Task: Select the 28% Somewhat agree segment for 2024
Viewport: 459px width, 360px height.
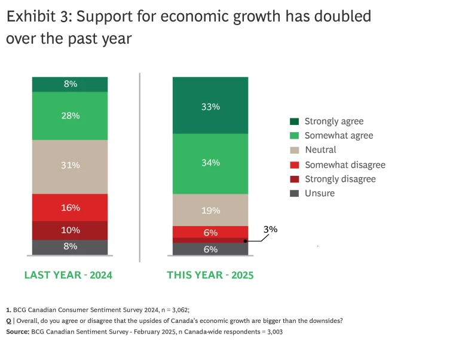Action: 71,115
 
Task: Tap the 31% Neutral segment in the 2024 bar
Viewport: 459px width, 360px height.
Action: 71,166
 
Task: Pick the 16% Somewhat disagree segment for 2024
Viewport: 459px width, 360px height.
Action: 71,208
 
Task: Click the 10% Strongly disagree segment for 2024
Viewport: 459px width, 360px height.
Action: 71,230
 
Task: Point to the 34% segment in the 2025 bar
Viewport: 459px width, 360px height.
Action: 210,163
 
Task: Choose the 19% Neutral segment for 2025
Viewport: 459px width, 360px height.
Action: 210,210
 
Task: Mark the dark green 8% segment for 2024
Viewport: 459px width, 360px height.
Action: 71,84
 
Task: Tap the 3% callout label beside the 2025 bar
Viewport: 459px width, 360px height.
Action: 270,229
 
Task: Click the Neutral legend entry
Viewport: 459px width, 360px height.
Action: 320,150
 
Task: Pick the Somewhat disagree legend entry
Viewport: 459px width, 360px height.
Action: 345,164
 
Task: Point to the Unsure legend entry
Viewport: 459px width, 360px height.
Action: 319,193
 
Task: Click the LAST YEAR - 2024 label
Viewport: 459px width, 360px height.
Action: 68,275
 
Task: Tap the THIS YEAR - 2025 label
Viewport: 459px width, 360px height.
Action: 210,275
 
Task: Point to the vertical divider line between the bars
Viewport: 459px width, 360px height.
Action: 140,167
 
